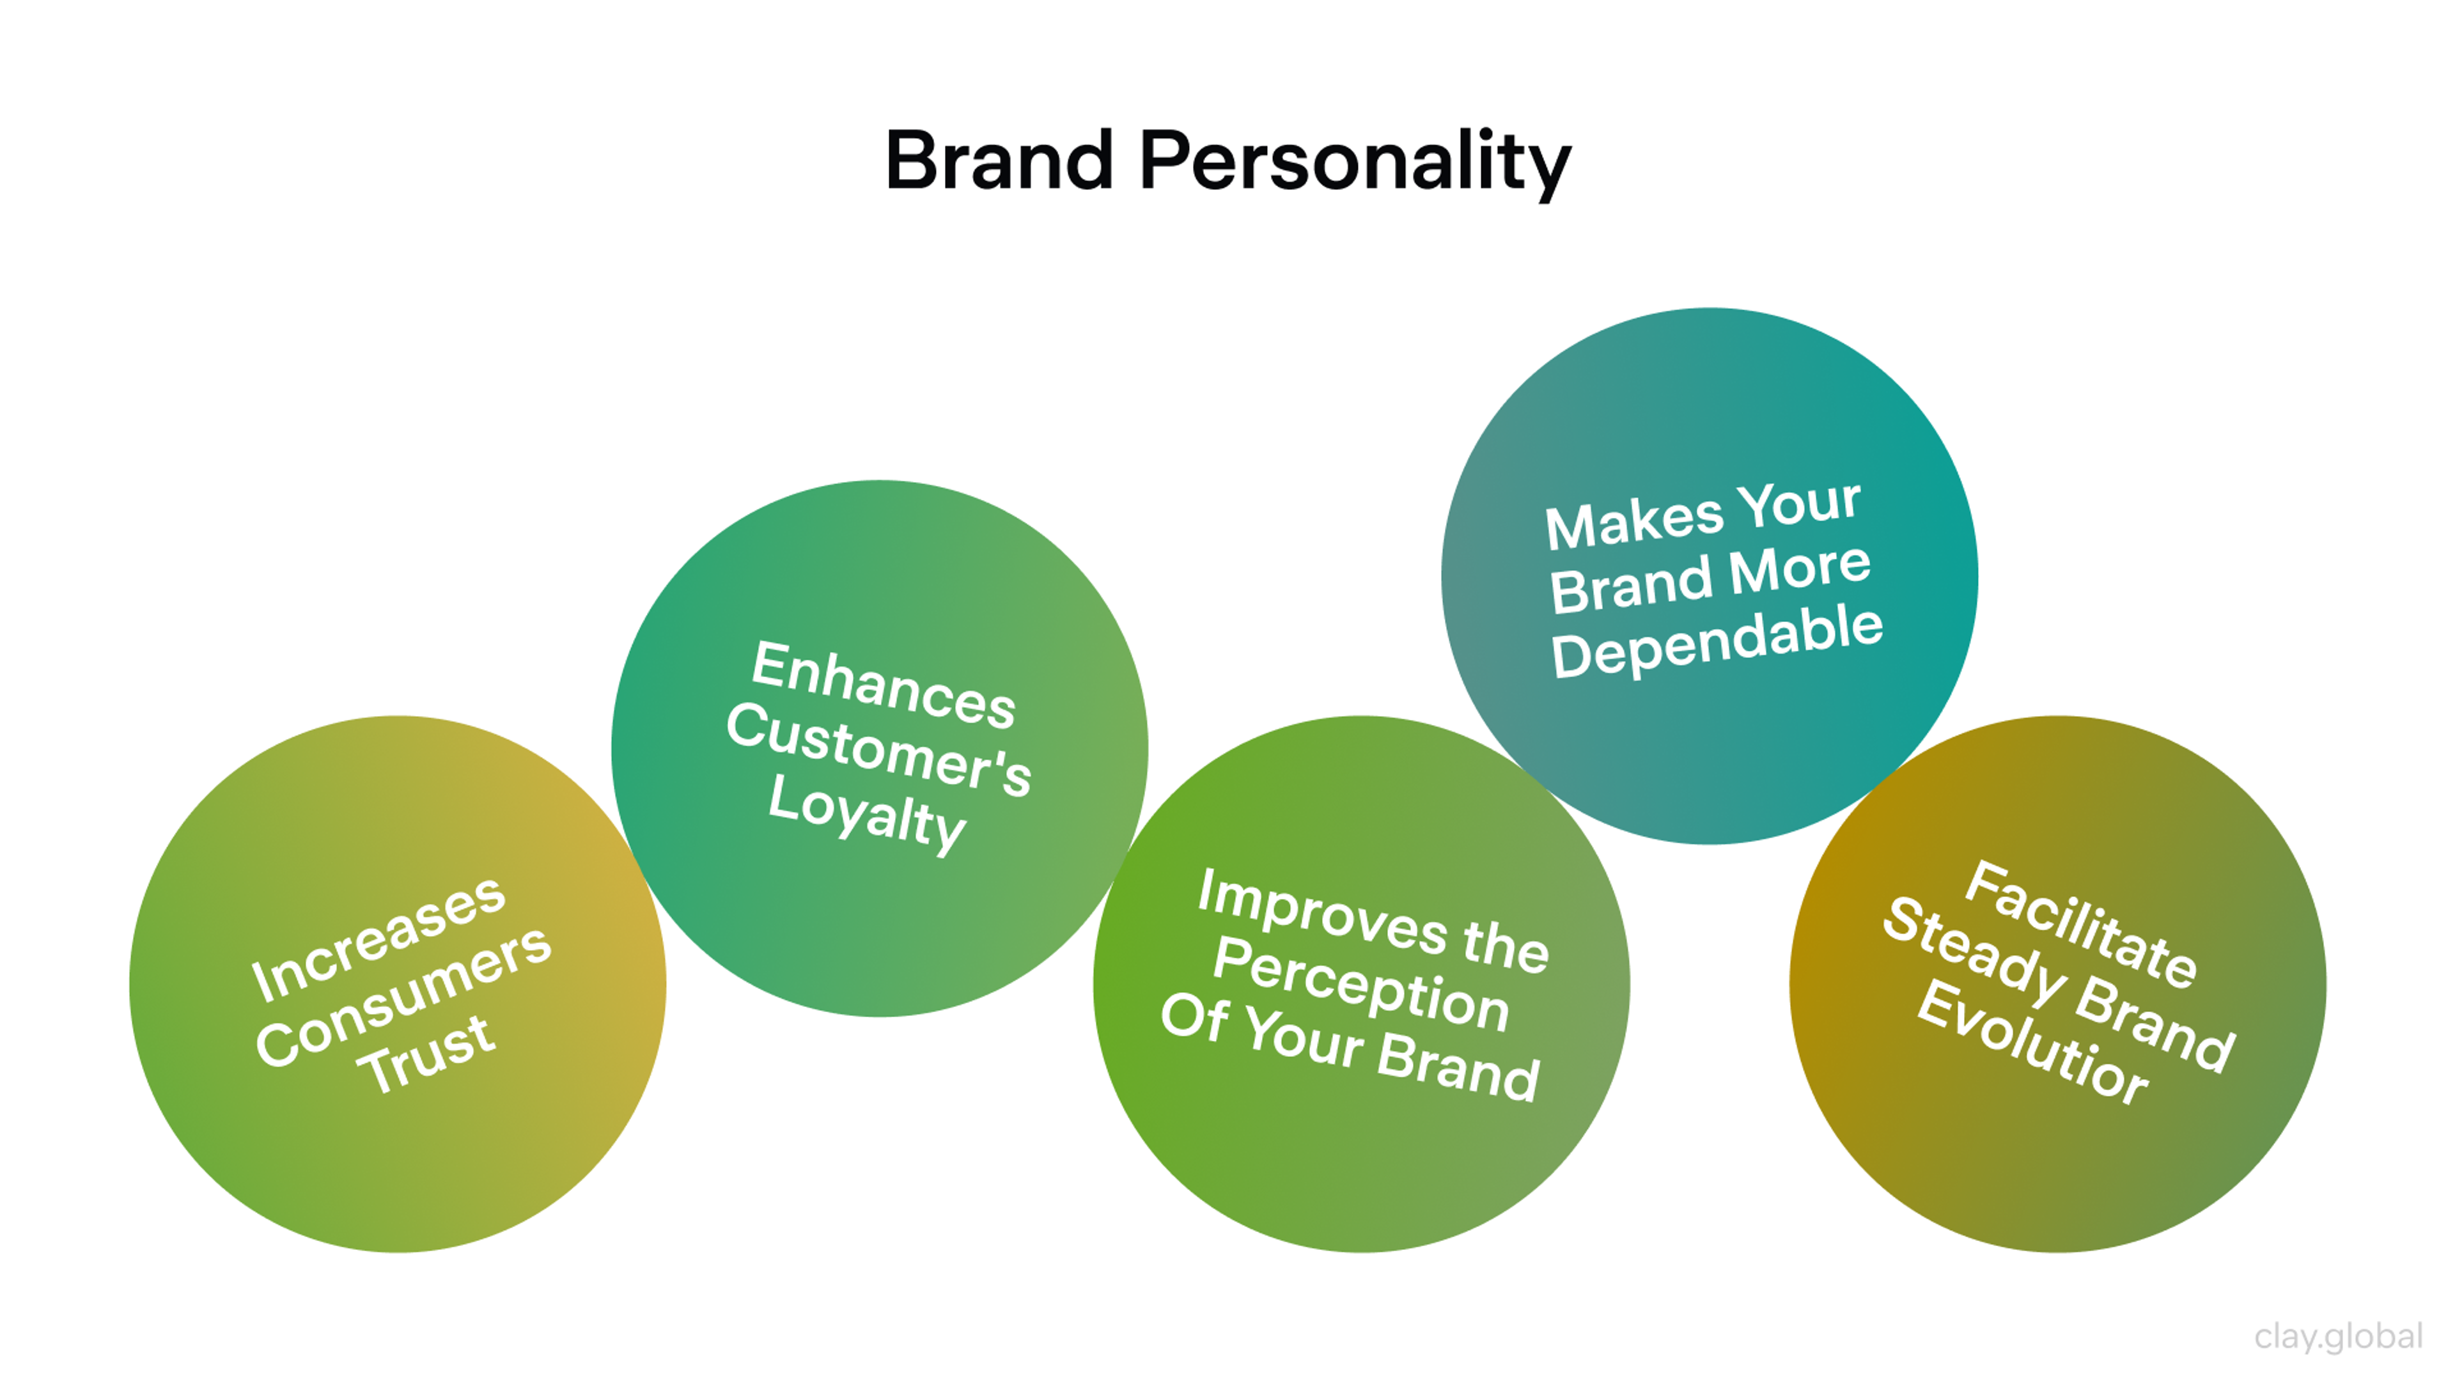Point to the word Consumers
[403, 997]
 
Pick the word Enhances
[884, 684]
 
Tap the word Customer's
[878, 749]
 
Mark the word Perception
[1361, 983]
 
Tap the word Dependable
[1717, 641]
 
